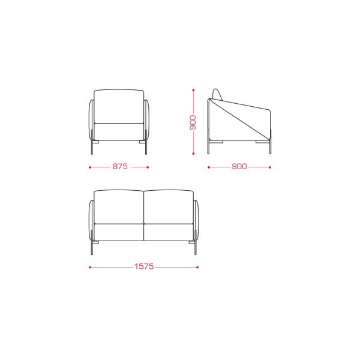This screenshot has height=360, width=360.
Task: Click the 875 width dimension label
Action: [120, 166]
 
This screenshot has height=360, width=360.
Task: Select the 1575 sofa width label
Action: [144, 266]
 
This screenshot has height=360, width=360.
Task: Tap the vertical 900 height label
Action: [193, 123]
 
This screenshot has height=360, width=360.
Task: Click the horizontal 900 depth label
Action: [239, 166]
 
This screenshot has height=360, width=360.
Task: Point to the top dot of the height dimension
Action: [193, 90]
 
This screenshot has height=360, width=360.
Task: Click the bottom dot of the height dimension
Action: [193, 154]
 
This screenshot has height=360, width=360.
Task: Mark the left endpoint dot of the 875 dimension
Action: [90, 167]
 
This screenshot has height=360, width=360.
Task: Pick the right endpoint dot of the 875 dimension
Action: [148, 167]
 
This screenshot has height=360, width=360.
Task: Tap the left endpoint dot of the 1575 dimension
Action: [90, 267]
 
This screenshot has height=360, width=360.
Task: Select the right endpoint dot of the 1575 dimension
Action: [197, 267]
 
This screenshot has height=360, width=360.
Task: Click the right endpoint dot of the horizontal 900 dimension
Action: [270, 167]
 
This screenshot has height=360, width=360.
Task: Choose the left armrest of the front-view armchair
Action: [91, 119]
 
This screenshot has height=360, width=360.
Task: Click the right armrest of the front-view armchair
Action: [146, 119]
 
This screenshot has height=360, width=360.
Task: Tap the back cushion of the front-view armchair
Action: [119, 106]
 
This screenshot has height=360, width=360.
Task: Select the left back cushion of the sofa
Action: [119, 206]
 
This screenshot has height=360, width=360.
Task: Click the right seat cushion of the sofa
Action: [169, 232]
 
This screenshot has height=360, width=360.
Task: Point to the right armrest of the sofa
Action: [196, 220]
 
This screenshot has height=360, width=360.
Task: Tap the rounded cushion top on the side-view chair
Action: [217, 94]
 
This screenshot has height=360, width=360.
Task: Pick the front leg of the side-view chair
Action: [270, 142]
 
